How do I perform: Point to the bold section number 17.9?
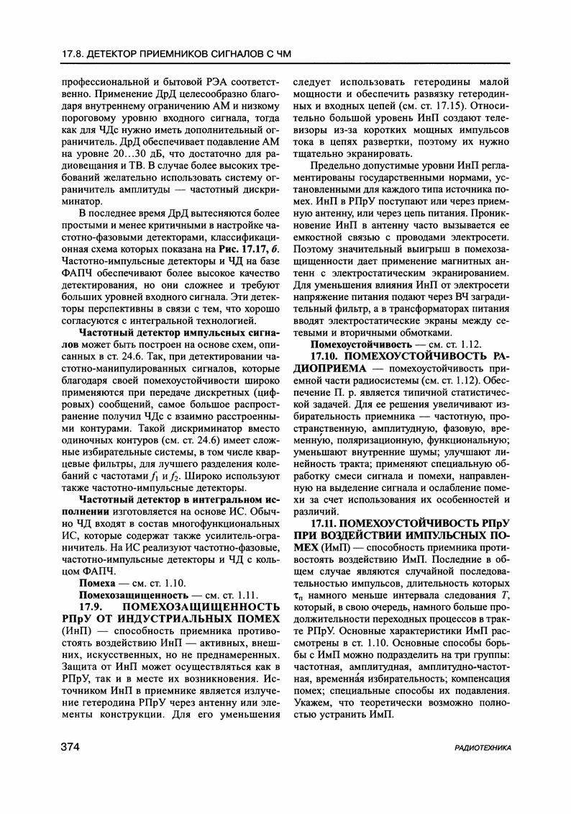point(97,606)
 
